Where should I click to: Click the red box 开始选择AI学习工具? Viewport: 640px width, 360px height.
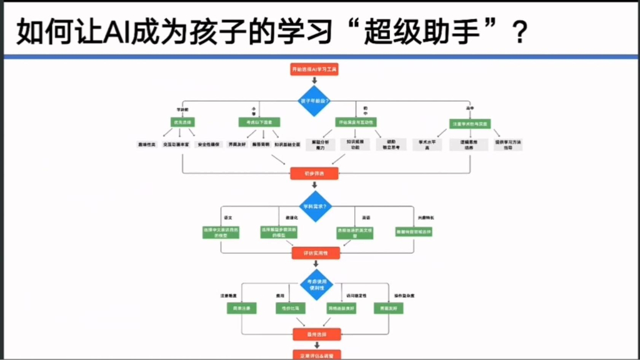point(314,70)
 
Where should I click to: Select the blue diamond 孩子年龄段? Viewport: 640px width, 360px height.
point(314,101)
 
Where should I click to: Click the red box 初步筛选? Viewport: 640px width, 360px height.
point(314,173)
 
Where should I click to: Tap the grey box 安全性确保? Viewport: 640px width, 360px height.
point(208,144)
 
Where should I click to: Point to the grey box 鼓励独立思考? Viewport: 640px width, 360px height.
point(391,144)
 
